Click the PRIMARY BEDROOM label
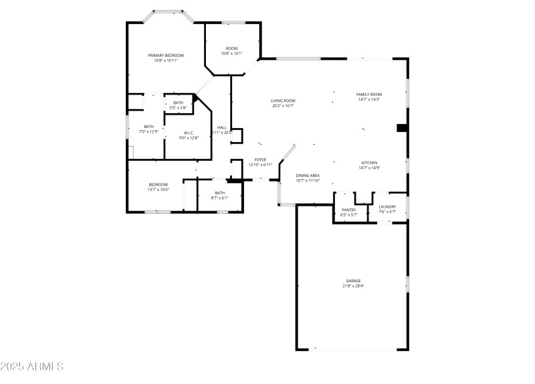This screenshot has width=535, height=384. click(x=166, y=55)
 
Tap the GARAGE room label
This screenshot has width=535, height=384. click(x=353, y=281)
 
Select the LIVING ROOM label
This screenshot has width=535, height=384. click(x=283, y=101)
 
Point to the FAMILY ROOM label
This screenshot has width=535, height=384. click(x=368, y=94)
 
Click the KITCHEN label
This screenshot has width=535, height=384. click(x=370, y=163)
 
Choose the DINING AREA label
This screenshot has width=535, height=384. click(x=308, y=176)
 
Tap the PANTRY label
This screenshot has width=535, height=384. click(x=349, y=210)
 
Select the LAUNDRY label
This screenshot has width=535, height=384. click(x=387, y=206)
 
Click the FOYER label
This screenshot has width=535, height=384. click(x=260, y=159)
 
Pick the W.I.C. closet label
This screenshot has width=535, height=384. click(x=189, y=133)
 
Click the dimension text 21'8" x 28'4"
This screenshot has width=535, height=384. click(x=353, y=286)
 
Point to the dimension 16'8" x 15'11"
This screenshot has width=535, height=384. click(x=166, y=60)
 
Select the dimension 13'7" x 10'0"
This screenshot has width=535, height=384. click(x=158, y=190)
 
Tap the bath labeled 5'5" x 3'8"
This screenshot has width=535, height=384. click(x=178, y=107)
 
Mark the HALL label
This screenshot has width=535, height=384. click(x=221, y=127)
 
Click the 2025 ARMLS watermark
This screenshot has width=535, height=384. click(x=32, y=367)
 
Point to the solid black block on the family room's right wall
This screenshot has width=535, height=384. click(x=402, y=128)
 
